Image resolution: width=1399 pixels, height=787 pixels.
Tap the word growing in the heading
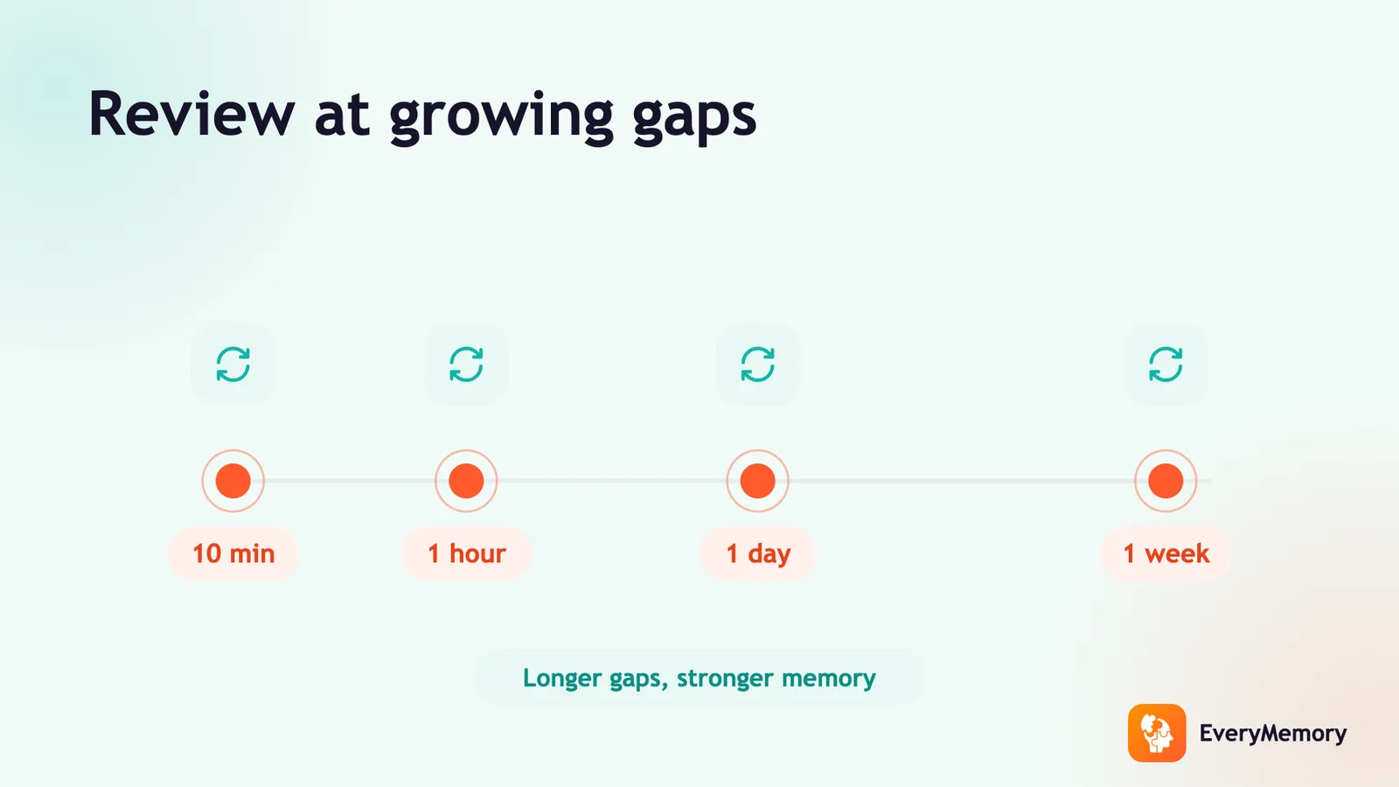[x=502, y=117]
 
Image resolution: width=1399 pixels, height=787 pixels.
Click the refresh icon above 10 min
[x=233, y=364]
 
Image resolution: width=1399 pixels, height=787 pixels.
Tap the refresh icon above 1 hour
[x=466, y=364]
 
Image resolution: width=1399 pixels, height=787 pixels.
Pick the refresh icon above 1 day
[x=757, y=364]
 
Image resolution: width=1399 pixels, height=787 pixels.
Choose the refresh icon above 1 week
[x=1166, y=364]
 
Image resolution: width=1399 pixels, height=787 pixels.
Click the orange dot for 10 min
[x=233, y=481]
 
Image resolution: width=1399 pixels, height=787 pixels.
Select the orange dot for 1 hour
[x=466, y=481]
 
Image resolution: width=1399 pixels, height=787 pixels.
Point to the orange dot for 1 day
[x=757, y=481]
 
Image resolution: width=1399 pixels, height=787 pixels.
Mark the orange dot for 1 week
[x=1166, y=481]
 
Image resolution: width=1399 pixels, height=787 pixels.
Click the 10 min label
[x=233, y=554]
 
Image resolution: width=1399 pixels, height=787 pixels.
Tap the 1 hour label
[x=467, y=554]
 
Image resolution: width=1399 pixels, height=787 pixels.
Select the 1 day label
[x=758, y=554]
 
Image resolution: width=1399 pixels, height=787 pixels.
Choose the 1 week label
[x=1166, y=554]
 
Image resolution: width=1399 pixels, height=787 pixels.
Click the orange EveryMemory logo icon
[x=1157, y=734]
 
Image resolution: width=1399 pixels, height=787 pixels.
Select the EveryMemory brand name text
[x=1273, y=734]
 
